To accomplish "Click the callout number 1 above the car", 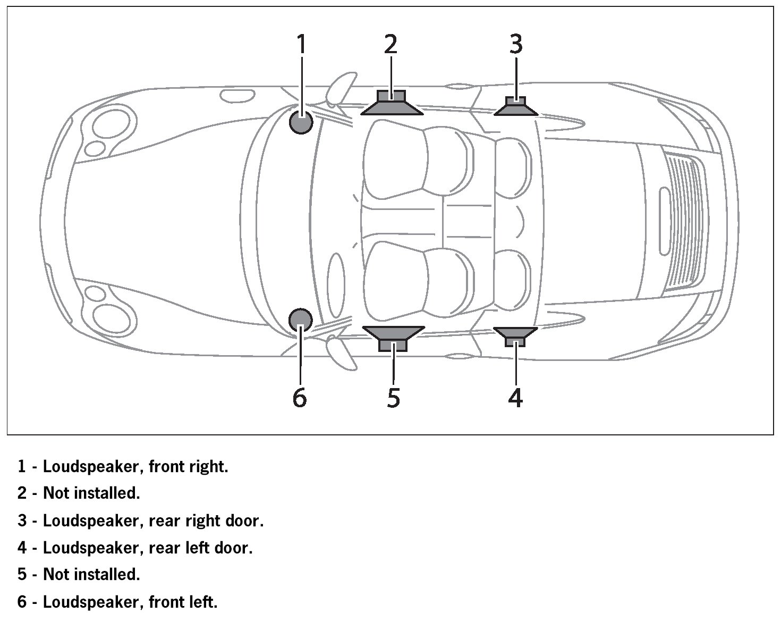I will pos(301,44).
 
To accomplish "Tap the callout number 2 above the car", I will pos(390,44).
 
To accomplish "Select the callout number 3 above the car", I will pos(516,44).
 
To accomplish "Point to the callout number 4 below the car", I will pos(515,397).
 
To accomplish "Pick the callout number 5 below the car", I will pos(393,397).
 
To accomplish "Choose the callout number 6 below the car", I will pos(300,397).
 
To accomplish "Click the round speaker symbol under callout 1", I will pos(301,123).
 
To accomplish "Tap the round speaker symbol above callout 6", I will pos(300,320).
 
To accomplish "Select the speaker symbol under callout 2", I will pos(392,103).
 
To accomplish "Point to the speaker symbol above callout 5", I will pos(393,338).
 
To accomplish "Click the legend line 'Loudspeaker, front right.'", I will pos(123,467).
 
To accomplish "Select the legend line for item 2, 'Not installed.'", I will pos(79,493).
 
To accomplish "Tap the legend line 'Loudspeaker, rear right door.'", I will pos(140,520).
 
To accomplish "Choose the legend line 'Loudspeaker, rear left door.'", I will pos(135,548).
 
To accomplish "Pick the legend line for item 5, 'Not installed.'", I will pos(79,575).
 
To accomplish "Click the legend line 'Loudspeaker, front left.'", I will pos(117,602).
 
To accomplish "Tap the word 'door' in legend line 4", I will pos(233,548).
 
